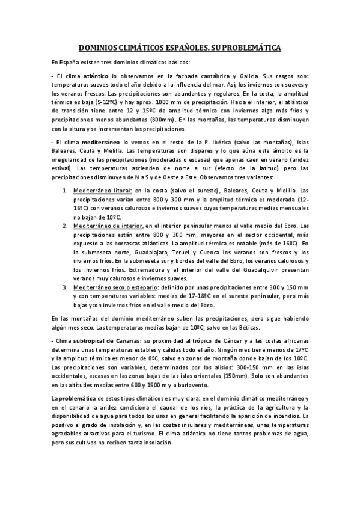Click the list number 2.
[x=66, y=224]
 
